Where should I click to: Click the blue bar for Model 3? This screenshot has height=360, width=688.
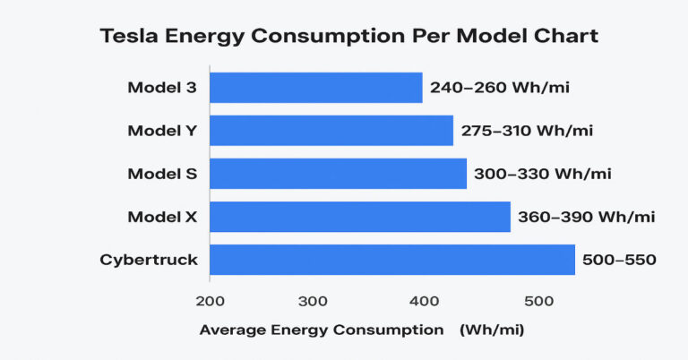click(315, 88)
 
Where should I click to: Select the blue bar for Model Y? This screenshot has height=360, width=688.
click(331, 131)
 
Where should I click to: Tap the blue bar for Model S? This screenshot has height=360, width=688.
click(338, 174)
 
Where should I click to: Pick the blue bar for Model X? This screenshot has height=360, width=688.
click(359, 217)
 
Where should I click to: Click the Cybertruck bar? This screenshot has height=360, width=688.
click(391, 260)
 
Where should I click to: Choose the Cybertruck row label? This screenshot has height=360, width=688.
click(149, 261)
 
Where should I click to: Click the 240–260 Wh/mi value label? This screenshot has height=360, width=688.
click(500, 88)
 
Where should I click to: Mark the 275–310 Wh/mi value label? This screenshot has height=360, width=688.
click(527, 131)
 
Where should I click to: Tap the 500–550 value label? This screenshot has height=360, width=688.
click(620, 261)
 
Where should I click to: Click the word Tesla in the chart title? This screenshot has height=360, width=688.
click(130, 37)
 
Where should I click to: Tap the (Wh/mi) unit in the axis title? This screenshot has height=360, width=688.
click(492, 330)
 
